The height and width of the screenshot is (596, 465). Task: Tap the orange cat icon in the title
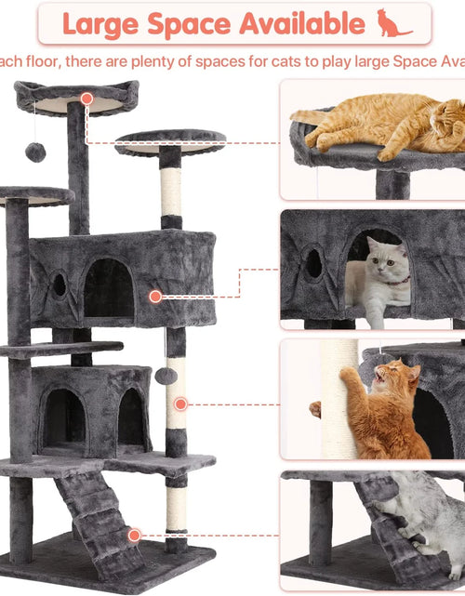click(393, 23)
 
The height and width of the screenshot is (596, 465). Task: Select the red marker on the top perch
click(86, 98)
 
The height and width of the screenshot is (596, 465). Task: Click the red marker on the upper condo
click(155, 297)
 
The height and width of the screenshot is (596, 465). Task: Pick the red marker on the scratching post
click(180, 404)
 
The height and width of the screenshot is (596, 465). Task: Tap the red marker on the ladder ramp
click(135, 535)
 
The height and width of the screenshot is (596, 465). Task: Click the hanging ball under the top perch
click(35, 152)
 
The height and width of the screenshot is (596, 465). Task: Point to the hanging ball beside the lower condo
click(166, 375)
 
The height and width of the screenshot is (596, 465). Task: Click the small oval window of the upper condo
click(60, 285)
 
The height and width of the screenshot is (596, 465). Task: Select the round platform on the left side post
click(35, 196)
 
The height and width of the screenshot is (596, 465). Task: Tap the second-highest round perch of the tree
click(170, 142)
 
